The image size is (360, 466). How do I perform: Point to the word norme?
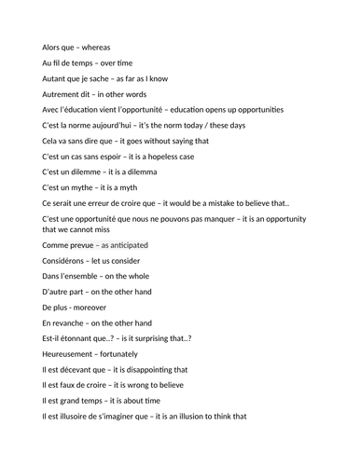coord(83,126)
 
